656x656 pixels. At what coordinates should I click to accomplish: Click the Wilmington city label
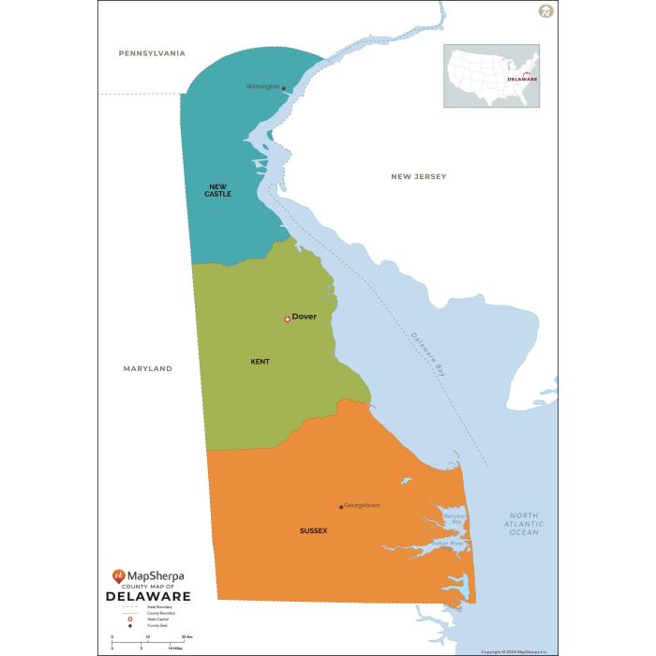coord(262,86)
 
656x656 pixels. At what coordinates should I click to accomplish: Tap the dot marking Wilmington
coord(284,89)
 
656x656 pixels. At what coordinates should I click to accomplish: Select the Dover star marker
coord(287,320)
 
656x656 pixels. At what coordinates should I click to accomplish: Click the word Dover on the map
coord(305,317)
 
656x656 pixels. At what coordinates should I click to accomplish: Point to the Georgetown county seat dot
coord(341,507)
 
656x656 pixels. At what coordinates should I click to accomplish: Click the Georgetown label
coord(362,505)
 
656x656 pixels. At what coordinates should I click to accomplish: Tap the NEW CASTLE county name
coord(218,190)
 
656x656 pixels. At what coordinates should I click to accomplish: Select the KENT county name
coord(260,361)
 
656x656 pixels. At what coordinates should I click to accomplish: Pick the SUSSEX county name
coord(313,530)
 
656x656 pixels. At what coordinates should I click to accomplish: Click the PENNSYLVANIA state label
coord(152,53)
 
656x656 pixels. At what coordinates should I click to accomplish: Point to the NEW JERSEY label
coord(419,176)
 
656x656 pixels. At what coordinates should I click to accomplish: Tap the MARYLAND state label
coord(148,368)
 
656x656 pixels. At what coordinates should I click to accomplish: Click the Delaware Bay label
coord(426,354)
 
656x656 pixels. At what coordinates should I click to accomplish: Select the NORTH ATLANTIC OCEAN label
coord(524,524)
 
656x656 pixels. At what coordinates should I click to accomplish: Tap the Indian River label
coord(448,544)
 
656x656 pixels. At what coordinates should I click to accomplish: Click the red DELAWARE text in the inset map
coord(522,80)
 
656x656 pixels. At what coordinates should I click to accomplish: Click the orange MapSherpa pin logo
coord(118,574)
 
